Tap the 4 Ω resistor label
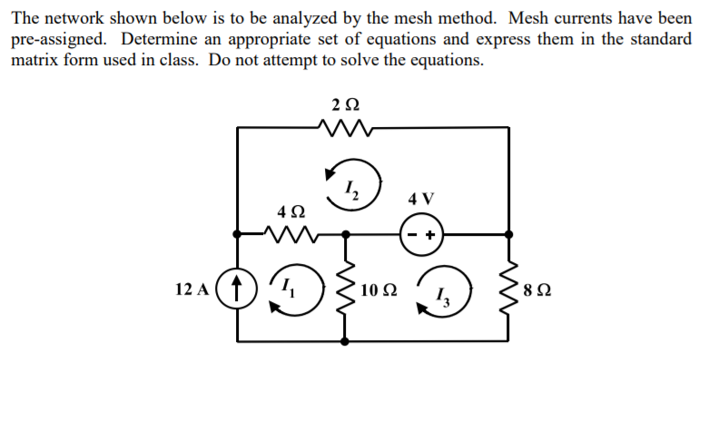coord(290,210)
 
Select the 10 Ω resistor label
coord(378,290)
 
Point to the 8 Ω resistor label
coord(537,291)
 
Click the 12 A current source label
coord(192,290)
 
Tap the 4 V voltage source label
coord(421,198)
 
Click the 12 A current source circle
coord(237,290)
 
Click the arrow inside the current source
coord(237,290)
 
